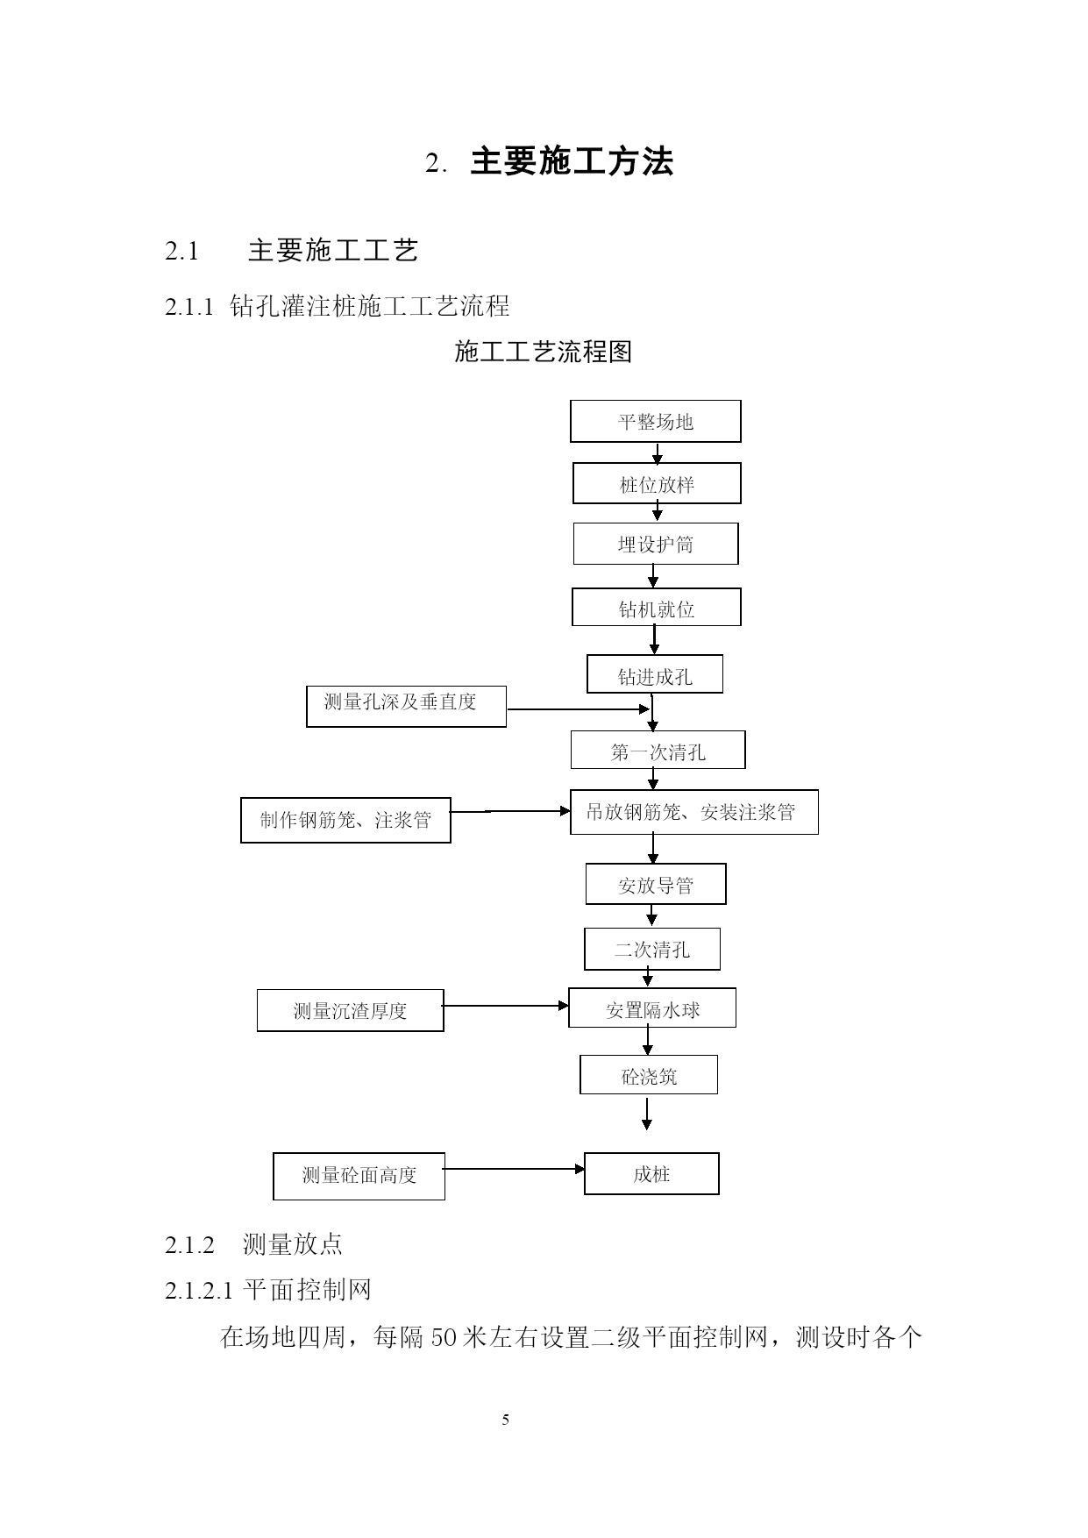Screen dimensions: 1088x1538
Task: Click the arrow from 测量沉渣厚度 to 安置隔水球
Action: (507, 1006)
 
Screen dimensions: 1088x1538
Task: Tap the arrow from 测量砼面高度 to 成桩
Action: (515, 1169)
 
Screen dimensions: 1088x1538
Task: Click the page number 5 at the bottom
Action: (506, 1420)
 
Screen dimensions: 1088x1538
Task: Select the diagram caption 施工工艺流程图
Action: (544, 352)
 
